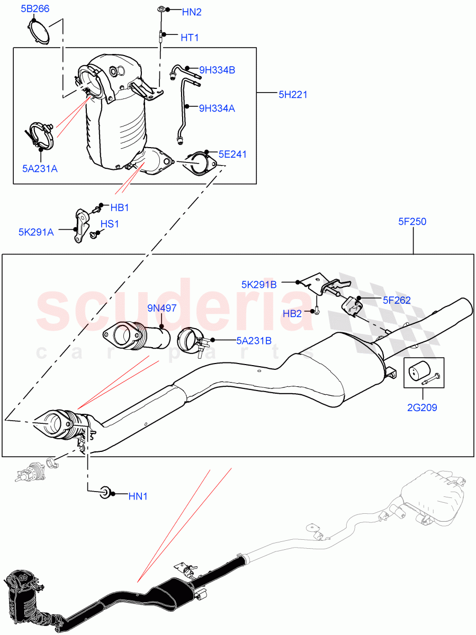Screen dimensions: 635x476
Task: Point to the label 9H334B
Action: [217, 69]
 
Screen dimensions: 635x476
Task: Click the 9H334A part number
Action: [217, 108]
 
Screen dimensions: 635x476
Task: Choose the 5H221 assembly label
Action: [293, 95]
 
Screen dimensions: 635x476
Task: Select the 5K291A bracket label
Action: [36, 231]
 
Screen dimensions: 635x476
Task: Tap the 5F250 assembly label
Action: [412, 222]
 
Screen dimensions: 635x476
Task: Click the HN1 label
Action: [138, 496]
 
